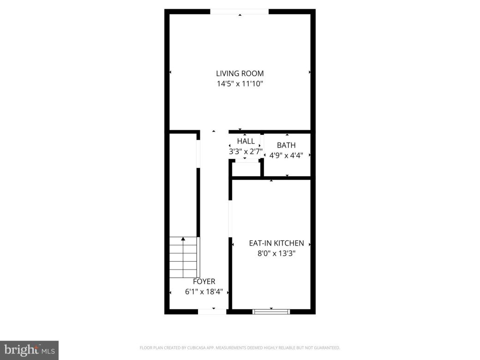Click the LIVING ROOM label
(x=240, y=73)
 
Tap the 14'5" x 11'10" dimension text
(x=240, y=84)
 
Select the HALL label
(x=246, y=141)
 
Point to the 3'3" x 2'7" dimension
(x=246, y=151)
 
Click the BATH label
(x=286, y=145)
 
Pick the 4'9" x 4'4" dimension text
(x=286, y=156)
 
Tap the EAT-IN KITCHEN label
(x=276, y=243)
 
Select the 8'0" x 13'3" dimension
(x=276, y=253)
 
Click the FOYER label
(x=204, y=282)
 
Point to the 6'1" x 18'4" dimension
(x=204, y=292)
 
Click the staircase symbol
(x=184, y=256)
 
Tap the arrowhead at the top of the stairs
(x=183, y=239)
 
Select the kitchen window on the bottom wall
(x=271, y=312)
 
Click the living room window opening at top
(x=239, y=12)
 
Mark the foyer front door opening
(x=212, y=312)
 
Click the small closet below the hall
(x=246, y=169)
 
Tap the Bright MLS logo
(x=29, y=350)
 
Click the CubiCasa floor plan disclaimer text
(x=240, y=348)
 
